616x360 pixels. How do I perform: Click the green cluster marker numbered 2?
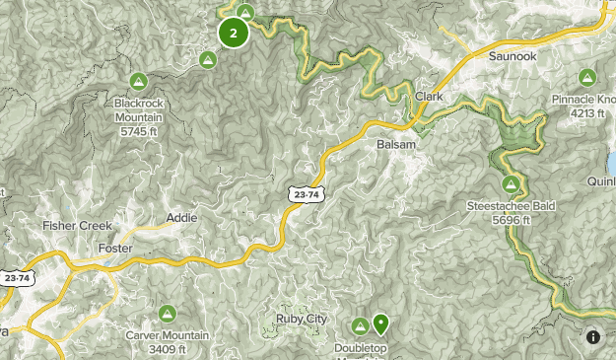pyautogui.click(x=233, y=33)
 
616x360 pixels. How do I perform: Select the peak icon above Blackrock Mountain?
pyautogui.click(x=137, y=80)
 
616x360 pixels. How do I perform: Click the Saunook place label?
pyautogui.click(x=511, y=57)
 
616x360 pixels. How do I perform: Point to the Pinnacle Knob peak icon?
pyautogui.click(x=587, y=77)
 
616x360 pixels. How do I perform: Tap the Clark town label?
pyautogui.click(x=430, y=97)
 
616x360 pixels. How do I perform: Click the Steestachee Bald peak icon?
pyautogui.click(x=512, y=184)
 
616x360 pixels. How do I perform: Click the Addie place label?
pyautogui.click(x=181, y=217)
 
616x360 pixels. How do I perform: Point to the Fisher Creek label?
pyautogui.click(x=76, y=226)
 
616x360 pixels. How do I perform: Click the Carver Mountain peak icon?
pyautogui.click(x=168, y=314)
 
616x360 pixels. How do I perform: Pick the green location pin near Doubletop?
pyautogui.click(x=380, y=323)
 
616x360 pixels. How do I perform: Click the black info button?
pyautogui.click(x=593, y=336)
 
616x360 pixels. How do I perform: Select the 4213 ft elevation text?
pyautogui.click(x=586, y=112)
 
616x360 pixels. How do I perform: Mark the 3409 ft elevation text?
pyautogui.click(x=166, y=349)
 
